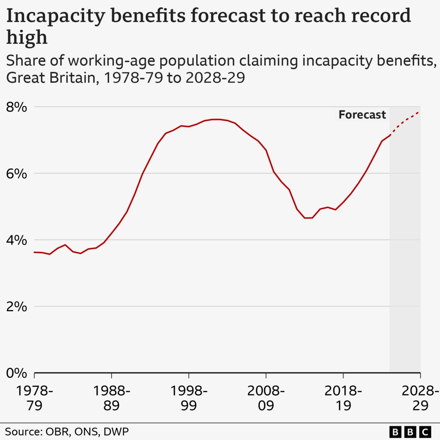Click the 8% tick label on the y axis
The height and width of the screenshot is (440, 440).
16,107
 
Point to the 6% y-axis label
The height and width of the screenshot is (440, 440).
16,174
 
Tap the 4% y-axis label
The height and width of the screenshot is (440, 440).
16,240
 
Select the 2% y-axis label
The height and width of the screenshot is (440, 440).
16,307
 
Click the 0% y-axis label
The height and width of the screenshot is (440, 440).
16,373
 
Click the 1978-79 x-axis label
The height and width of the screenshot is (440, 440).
34,398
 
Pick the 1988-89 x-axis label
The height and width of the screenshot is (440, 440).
111,398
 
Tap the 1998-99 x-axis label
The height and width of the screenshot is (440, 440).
189,398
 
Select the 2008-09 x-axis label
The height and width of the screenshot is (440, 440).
266,398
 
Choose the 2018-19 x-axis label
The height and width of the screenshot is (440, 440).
343,398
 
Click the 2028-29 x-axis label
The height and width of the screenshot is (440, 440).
419,398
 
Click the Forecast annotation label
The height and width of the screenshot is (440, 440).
362,115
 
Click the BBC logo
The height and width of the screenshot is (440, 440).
410,431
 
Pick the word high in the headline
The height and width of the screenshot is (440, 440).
27,38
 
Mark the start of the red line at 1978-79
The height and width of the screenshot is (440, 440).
34,252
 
